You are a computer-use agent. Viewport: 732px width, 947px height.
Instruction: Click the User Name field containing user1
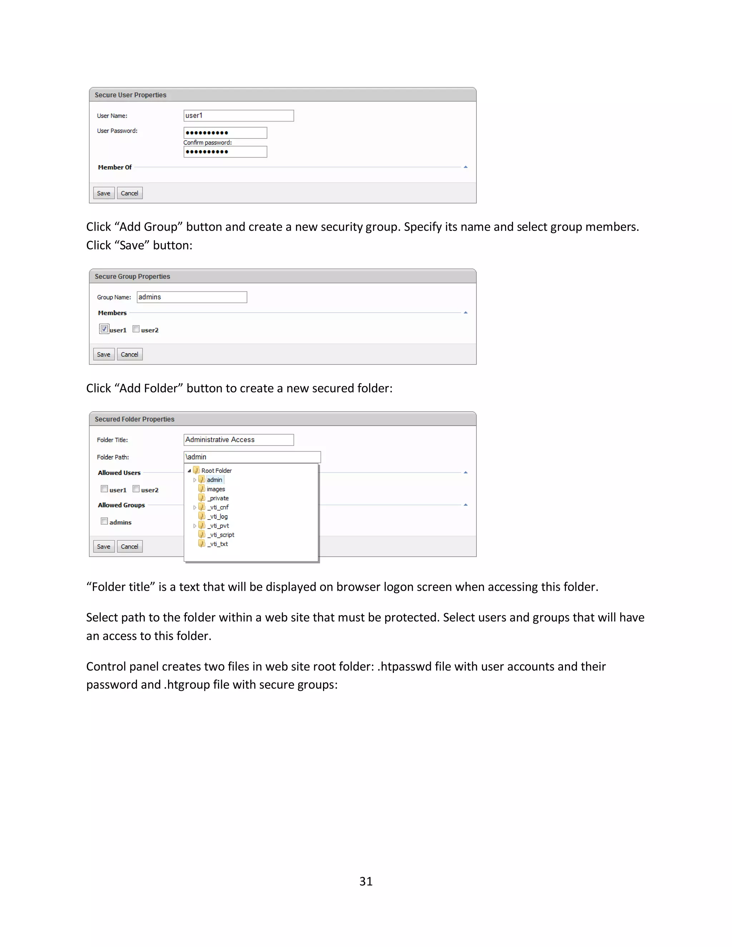pyautogui.click(x=238, y=115)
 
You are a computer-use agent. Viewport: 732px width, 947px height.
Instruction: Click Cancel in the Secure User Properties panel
pyautogui.click(x=129, y=193)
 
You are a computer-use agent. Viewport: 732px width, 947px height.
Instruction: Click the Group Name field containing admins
pyautogui.click(x=192, y=297)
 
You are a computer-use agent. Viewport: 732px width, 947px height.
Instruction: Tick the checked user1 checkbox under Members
pyautogui.click(x=104, y=329)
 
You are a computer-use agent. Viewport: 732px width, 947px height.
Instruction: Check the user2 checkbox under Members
pyautogui.click(x=136, y=329)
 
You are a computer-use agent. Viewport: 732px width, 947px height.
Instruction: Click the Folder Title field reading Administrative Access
pyautogui.click(x=238, y=440)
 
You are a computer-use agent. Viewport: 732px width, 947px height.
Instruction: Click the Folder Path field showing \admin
pyautogui.click(x=252, y=457)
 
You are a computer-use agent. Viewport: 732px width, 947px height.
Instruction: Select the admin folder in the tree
pyautogui.click(x=214, y=480)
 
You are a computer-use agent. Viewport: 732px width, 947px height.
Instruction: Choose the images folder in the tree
pyautogui.click(x=216, y=489)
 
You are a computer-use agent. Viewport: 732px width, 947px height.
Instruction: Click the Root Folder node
pyautogui.click(x=216, y=471)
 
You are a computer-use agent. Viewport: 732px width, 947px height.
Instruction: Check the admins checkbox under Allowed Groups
pyautogui.click(x=104, y=521)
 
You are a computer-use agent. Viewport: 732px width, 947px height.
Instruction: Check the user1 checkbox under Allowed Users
pyautogui.click(x=104, y=489)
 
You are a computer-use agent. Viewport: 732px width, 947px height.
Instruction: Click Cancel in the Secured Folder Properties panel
pyautogui.click(x=129, y=547)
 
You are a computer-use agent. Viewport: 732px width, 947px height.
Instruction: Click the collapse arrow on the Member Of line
pyautogui.click(x=466, y=167)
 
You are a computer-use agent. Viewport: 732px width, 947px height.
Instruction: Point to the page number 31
pyautogui.click(x=366, y=882)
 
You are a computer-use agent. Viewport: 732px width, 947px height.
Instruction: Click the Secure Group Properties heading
pyautogui.click(x=132, y=277)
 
